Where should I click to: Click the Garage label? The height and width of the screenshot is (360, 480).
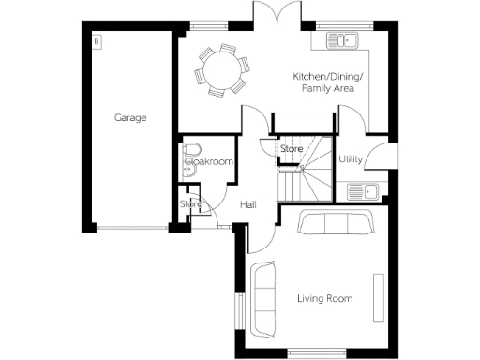pos(130,118)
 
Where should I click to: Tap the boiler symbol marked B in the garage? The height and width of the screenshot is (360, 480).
pos(97,41)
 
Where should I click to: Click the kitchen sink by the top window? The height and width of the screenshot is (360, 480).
pos(344,41)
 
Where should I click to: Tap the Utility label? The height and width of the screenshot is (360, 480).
pos(351,160)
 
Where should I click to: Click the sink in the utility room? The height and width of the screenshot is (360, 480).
pos(361,191)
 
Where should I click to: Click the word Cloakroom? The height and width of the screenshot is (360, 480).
pos(208,162)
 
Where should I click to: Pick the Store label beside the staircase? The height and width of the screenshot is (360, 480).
pos(292,148)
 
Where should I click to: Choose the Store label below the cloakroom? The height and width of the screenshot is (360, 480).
pos(191,204)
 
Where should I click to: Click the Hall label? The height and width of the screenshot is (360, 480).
pos(248,205)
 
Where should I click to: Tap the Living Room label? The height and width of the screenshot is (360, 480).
pos(324,299)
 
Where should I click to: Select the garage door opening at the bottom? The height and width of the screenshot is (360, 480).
pos(130,228)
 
